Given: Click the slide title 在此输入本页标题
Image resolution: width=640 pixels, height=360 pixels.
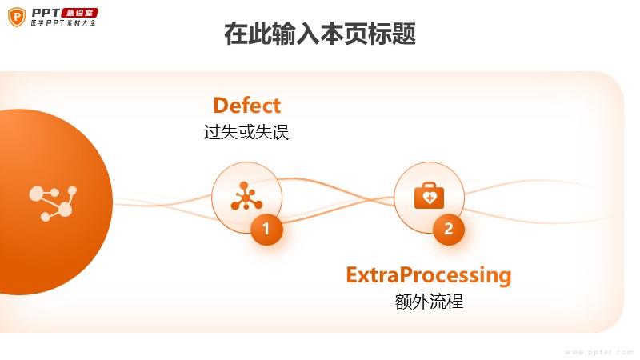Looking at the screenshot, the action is (320, 34).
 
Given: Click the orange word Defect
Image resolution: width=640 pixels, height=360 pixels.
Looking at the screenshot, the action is (247, 106).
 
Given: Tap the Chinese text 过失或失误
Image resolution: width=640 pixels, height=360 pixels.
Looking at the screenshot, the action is (246, 132).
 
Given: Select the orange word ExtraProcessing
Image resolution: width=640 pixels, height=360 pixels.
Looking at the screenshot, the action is (429, 275).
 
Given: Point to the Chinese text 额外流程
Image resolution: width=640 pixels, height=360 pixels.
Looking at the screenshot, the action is (429, 302).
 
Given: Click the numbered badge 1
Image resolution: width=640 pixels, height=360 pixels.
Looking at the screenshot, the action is (266, 229).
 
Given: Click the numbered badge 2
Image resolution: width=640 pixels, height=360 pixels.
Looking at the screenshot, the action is (449, 229).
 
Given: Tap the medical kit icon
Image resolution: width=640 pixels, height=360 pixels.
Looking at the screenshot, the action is (429, 195).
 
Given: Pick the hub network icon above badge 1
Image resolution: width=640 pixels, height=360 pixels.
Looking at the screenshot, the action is (246, 196).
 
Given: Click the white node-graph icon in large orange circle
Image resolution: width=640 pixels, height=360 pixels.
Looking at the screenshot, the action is (53, 203).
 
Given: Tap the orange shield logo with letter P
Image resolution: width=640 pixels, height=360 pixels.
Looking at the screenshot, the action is (17, 17).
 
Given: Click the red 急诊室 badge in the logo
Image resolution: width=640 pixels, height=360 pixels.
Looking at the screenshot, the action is (79, 13).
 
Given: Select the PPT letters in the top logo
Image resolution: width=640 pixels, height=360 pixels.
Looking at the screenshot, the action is (46, 13).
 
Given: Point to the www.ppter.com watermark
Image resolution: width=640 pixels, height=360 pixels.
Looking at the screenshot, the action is (598, 352).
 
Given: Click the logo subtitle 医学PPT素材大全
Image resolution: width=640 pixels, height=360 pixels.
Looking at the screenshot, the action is (64, 23).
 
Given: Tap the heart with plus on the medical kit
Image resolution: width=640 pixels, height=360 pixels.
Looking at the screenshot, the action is (429, 198).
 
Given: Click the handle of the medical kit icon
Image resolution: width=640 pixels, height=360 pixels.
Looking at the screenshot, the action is (429, 185).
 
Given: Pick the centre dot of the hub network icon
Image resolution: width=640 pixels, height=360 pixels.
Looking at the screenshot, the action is (246, 198).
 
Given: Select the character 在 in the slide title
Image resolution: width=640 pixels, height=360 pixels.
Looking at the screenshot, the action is (236, 34).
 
